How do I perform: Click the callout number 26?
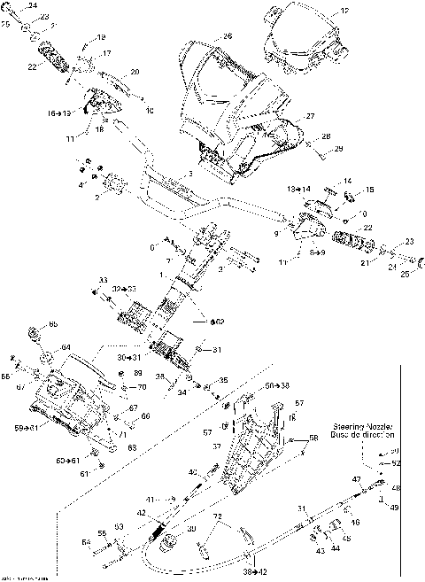[x=228, y=36]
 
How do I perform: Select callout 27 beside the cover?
[x=311, y=116]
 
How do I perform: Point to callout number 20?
[x=135, y=71]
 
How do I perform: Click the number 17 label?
[x=106, y=54]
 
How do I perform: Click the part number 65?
[x=53, y=324]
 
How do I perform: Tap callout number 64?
[x=66, y=346]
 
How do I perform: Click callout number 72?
[x=215, y=515]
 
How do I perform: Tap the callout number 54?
[x=87, y=541]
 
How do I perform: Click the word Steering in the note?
[x=350, y=426]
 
